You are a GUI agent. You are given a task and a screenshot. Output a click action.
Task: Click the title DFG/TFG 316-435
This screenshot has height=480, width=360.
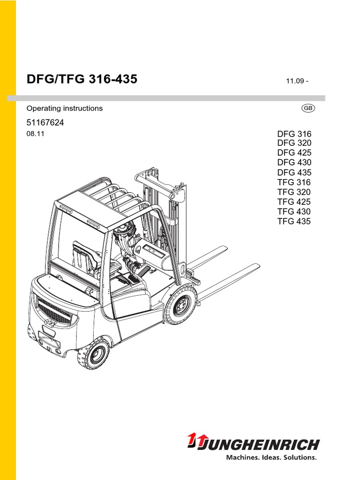point(82,79)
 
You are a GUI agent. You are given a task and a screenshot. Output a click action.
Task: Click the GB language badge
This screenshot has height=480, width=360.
point(308,108)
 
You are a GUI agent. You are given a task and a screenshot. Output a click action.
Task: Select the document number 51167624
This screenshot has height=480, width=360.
point(45,123)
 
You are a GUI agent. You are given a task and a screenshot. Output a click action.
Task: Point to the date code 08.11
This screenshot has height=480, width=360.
point(35,134)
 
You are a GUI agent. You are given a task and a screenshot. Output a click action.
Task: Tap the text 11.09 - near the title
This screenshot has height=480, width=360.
point(297,81)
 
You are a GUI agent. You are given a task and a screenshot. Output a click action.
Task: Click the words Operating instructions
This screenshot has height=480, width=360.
point(65,108)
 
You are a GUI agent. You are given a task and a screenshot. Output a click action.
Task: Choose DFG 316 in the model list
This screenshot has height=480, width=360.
point(294,134)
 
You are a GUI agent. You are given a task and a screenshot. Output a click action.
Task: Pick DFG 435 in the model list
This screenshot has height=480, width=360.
point(294,172)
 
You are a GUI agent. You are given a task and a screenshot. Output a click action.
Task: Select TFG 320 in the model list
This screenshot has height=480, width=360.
point(294,192)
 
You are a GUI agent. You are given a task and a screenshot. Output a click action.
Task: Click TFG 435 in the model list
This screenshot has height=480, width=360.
point(294,221)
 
